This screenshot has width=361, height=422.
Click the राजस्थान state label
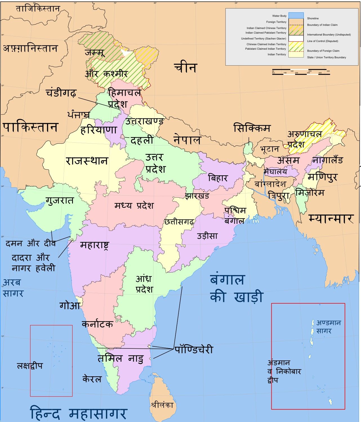(87, 161)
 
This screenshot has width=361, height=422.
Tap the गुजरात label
(60, 200)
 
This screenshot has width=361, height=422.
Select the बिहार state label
(218, 178)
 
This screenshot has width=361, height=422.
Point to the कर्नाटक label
(97, 324)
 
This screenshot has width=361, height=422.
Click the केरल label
(92, 379)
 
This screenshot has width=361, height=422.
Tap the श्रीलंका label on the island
(162, 405)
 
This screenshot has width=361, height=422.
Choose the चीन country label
(185, 68)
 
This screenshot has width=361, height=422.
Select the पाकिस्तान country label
(30, 127)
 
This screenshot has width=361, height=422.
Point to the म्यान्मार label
(331, 218)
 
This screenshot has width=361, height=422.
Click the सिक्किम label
(252, 129)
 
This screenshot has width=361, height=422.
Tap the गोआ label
(70, 305)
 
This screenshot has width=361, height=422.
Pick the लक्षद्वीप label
(30, 366)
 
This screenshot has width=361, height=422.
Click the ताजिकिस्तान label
(38, 9)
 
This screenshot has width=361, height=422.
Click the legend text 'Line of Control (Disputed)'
(322, 41)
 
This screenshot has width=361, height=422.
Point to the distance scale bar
(301, 72)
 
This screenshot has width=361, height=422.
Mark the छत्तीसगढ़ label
(179, 222)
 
